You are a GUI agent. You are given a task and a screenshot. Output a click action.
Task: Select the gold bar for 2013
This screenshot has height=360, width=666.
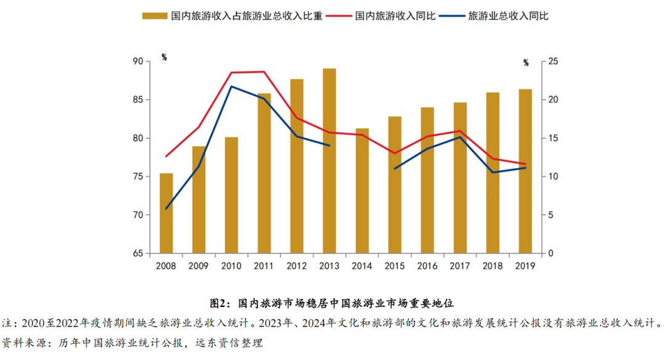pyautogui.click(x=329, y=160)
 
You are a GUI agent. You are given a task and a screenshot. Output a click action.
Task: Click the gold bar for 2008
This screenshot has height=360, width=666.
pyautogui.click(x=166, y=213)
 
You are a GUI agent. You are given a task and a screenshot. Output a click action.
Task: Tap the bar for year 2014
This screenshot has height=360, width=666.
pyautogui.click(x=362, y=190)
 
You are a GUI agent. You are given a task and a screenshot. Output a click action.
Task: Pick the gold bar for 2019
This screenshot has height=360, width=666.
pyautogui.click(x=525, y=171)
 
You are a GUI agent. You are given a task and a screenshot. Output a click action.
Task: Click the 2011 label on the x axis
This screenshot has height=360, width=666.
pyautogui.click(x=264, y=266)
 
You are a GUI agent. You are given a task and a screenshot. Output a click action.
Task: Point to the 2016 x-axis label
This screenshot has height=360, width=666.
pyautogui.click(x=427, y=266)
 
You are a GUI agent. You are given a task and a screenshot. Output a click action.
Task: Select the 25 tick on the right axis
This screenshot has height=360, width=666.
pyautogui.click(x=553, y=62)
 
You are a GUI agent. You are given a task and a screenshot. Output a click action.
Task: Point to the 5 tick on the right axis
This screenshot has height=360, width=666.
pyautogui.click(x=550, y=215)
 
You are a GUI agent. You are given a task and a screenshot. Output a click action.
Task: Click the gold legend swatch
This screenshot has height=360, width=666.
pyautogui.click(x=155, y=16)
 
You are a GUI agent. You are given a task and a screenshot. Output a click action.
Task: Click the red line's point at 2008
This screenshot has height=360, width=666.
pyautogui.click(x=166, y=156)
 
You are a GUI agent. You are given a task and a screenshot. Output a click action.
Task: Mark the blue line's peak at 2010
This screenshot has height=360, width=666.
pyautogui.click(x=231, y=86)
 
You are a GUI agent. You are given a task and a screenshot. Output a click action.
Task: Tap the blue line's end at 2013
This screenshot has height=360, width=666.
pyautogui.click(x=329, y=145)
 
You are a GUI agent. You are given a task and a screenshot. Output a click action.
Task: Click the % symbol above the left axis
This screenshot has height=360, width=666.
pyautogui.click(x=164, y=57)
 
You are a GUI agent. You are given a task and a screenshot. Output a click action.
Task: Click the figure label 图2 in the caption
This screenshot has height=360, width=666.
pyautogui.click(x=220, y=304)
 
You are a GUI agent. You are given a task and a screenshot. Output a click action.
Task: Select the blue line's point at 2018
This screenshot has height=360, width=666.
pyautogui.click(x=492, y=172)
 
